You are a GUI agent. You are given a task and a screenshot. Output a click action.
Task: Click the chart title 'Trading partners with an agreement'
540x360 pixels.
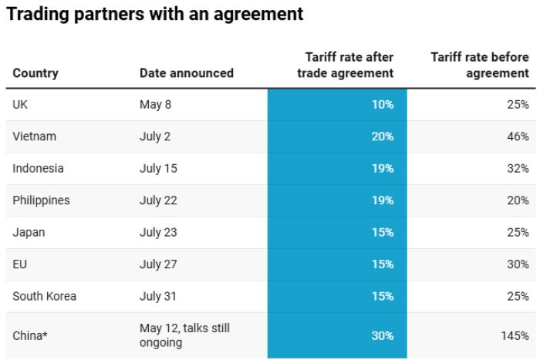[x=154, y=15]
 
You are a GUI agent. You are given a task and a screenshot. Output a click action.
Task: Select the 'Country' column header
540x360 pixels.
[x=35, y=73]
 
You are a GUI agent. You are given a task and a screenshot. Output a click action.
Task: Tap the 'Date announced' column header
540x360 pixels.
[x=186, y=73]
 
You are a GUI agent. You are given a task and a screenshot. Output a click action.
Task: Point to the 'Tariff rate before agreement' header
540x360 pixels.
[x=479, y=66]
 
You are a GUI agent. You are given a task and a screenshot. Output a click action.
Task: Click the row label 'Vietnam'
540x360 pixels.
[x=35, y=136]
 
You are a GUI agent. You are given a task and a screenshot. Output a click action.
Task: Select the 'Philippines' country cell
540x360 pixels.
[x=41, y=200]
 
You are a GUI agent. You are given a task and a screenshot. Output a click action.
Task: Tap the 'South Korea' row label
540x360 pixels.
[x=44, y=296]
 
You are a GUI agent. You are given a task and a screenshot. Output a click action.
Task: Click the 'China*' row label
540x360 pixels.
[x=31, y=336]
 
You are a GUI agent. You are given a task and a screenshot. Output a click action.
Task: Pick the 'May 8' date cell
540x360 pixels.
[x=155, y=105]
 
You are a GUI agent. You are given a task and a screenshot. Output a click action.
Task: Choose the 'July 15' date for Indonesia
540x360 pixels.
[x=158, y=168]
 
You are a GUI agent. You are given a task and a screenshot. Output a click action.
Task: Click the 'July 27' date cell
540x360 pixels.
[x=158, y=264]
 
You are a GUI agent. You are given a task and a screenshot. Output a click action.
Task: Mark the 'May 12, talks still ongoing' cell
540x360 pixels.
[x=184, y=335]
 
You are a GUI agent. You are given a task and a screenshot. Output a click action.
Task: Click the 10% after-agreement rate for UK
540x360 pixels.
[x=383, y=105]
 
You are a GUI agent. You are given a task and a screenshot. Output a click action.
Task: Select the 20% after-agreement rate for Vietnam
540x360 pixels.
[x=383, y=136]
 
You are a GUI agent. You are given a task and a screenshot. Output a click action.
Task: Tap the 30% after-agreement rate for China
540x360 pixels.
[x=383, y=336]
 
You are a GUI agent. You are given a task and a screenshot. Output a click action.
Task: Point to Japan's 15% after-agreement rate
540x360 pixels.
[x=383, y=232]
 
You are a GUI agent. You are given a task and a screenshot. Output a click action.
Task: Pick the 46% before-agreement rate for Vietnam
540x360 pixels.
[x=518, y=136]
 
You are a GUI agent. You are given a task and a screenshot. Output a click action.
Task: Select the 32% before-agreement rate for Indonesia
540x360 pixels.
[x=518, y=168]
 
